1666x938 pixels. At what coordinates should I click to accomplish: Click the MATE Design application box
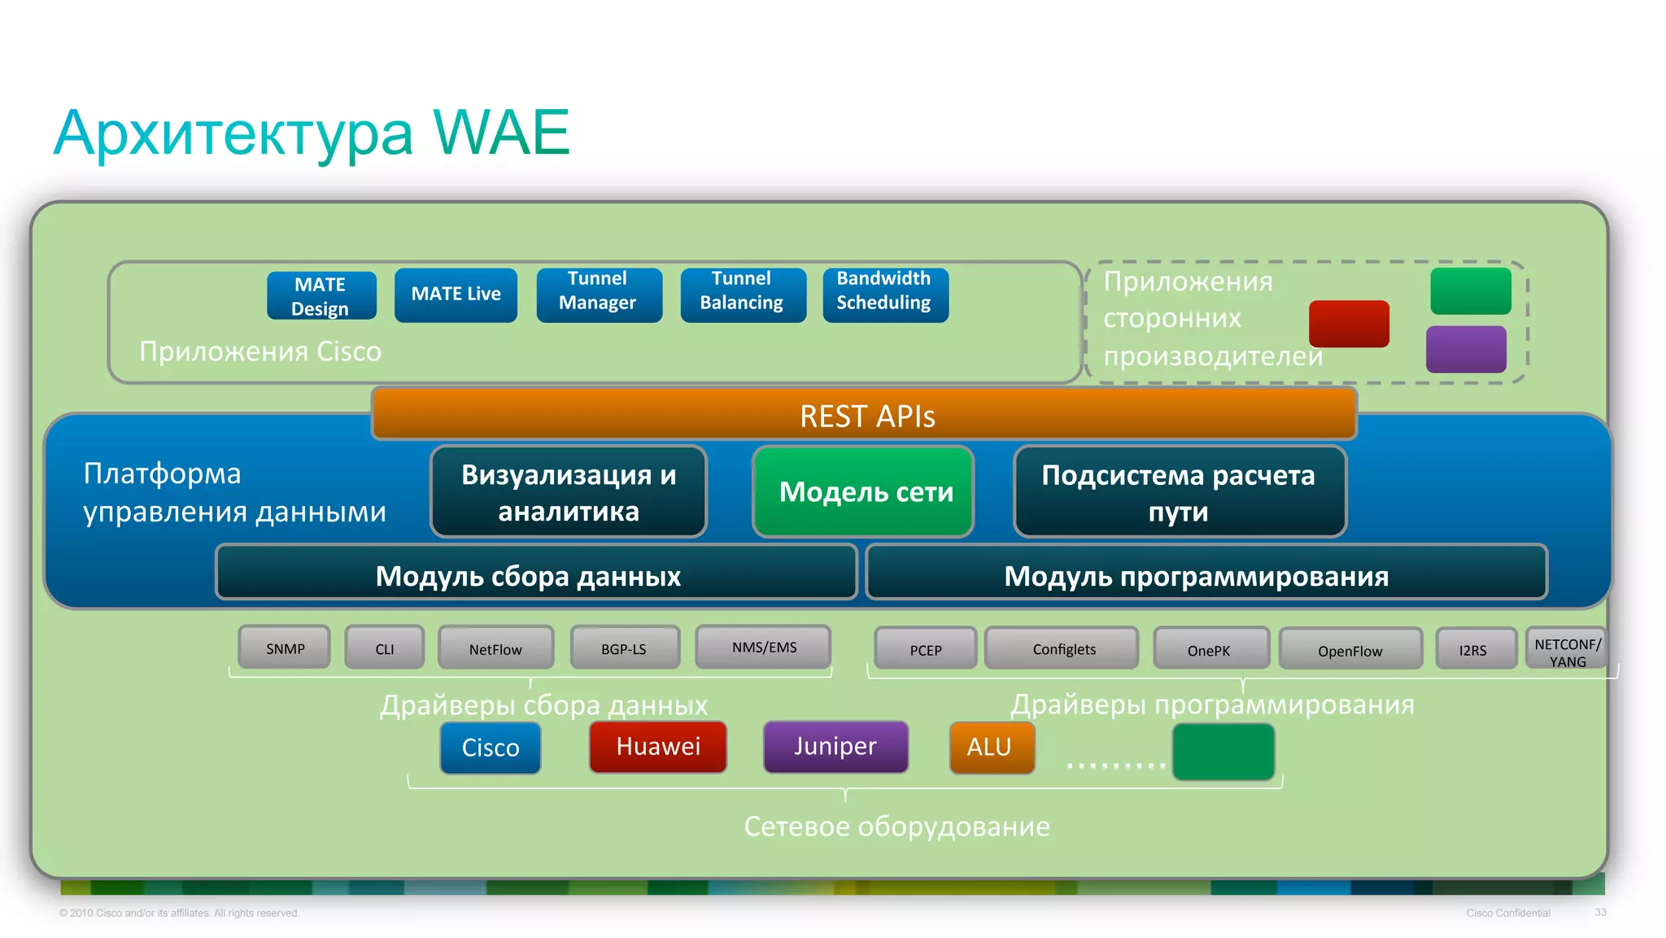click(x=321, y=296)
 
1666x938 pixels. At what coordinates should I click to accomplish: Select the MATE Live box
click(x=456, y=294)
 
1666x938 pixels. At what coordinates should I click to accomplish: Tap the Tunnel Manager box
click(x=599, y=294)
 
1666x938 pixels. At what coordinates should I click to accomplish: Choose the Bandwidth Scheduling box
click(x=885, y=294)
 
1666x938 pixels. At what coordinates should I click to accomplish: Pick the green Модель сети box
click(x=864, y=491)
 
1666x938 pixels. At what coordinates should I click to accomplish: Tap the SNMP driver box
click(x=285, y=648)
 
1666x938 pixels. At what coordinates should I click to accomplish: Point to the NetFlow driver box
click(x=495, y=648)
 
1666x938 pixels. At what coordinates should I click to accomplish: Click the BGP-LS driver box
click(x=624, y=648)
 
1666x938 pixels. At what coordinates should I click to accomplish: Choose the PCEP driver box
click(x=925, y=649)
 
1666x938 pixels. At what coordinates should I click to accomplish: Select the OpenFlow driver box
click(x=1350, y=650)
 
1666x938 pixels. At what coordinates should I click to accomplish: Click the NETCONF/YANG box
click(x=1566, y=650)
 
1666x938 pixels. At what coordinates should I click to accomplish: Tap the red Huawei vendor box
click(x=658, y=747)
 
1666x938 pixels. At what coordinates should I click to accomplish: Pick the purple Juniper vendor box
click(x=835, y=747)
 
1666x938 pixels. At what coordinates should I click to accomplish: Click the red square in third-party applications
click(x=1349, y=324)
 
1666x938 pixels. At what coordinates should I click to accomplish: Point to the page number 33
click(x=1600, y=912)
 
